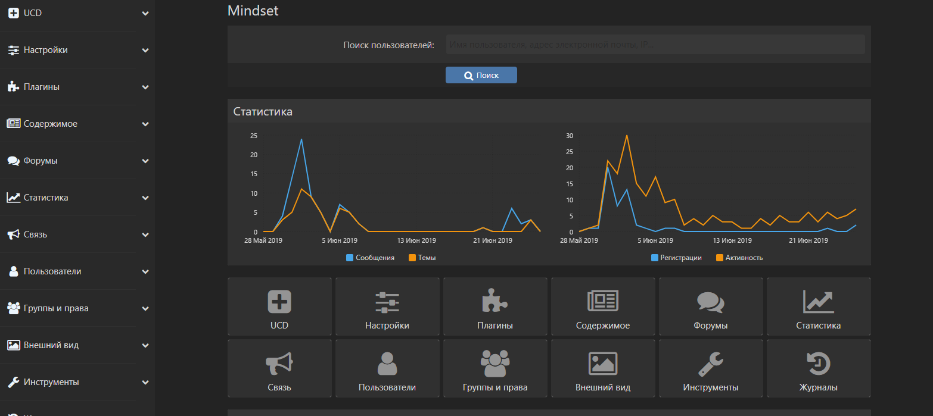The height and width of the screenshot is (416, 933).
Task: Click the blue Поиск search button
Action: [x=481, y=75]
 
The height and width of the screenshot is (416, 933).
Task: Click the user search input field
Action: [x=655, y=45]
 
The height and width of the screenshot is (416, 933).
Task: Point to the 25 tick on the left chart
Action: [x=254, y=136]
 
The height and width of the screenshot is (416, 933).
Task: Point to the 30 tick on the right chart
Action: [x=569, y=136]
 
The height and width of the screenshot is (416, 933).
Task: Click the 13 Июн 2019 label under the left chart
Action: [x=416, y=240]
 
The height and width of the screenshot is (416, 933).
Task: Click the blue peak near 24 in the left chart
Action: [x=301, y=140]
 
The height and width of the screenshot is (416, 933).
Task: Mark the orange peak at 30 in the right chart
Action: [x=627, y=136]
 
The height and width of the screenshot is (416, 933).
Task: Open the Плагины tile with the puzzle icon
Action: [x=495, y=307]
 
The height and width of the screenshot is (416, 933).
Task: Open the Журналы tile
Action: [x=818, y=368]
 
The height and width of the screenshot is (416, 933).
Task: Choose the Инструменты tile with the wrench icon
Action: [x=710, y=368]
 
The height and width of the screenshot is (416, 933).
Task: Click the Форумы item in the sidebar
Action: [x=41, y=161]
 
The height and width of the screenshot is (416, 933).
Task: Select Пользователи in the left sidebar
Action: [x=52, y=271]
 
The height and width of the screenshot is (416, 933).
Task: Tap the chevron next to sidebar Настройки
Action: [x=145, y=51]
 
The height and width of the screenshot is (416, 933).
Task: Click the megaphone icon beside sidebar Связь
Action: [x=13, y=234]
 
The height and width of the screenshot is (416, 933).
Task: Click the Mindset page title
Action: [x=253, y=11]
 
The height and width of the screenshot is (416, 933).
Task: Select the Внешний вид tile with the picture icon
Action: [x=602, y=368]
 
